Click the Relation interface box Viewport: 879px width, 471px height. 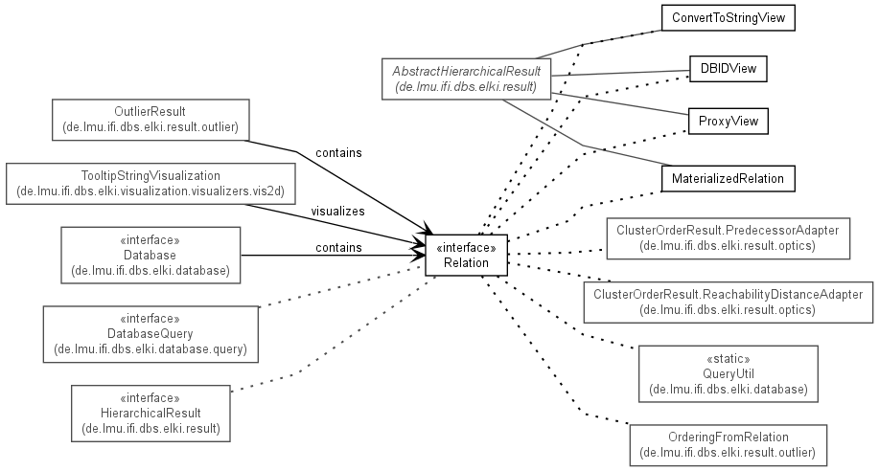(x=466, y=256)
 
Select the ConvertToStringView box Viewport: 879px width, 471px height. (x=729, y=18)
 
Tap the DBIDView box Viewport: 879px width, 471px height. (x=729, y=69)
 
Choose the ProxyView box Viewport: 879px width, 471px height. (x=729, y=121)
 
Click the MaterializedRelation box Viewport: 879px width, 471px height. (x=729, y=179)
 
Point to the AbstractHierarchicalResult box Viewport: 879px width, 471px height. (x=466, y=78)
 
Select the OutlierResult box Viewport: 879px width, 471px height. (x=150, y=120)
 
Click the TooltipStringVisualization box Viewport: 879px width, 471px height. (x=150, y=184)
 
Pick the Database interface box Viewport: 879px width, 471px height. (x=150, y=255)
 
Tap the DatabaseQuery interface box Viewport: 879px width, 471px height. (x=150, y=334)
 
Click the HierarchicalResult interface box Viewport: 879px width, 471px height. (x=150, y=414)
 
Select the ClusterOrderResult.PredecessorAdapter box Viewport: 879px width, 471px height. (x=729, y=238)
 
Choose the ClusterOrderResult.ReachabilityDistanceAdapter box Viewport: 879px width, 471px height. (x=729, y=302)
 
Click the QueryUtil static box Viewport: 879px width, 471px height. (x=729, y=373)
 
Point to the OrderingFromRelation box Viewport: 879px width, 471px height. (x=729, y=445)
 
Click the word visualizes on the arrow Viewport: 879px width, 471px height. (x=338, y=212)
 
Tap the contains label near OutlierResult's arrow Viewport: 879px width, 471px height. (x=338, y=153)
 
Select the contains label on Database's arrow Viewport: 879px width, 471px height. (x=338, y=248)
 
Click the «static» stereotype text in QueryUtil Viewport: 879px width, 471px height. (x=729, y=358)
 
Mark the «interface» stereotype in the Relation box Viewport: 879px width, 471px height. (x=466, y=248)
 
